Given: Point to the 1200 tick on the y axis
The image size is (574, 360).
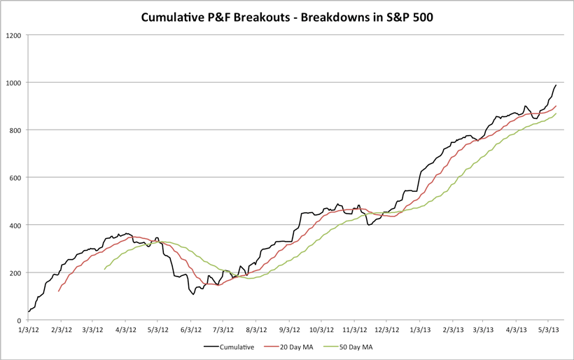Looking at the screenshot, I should (13, 35).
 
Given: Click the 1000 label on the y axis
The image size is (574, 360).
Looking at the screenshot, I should (13, 83).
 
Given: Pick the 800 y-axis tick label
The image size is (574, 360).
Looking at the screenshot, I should (15, 130).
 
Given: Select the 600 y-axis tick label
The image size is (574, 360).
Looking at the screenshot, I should (15, 177).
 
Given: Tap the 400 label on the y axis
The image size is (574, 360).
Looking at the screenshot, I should (15, 225).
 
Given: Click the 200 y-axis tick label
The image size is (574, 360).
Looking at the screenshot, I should (15, 272).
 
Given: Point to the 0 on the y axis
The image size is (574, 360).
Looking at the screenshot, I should (20, 320).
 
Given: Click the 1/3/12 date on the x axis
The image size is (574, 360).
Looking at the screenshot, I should (28, 328).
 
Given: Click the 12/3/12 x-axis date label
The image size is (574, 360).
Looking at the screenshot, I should (386, 328).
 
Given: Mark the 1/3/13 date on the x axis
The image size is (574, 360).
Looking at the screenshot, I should (420, 328).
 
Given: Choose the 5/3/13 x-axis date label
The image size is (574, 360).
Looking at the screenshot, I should (548, 328).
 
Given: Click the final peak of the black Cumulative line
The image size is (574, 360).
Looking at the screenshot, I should (556, 85).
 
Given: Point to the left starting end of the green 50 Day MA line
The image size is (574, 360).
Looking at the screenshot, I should (104, 269).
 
